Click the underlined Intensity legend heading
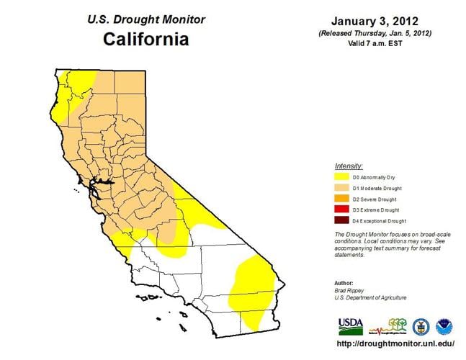pyautogui.click(x=349, y=166)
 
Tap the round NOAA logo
pyautogui.click(x=442, y=326)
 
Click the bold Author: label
pyautogui.click(x=344, y=282)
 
